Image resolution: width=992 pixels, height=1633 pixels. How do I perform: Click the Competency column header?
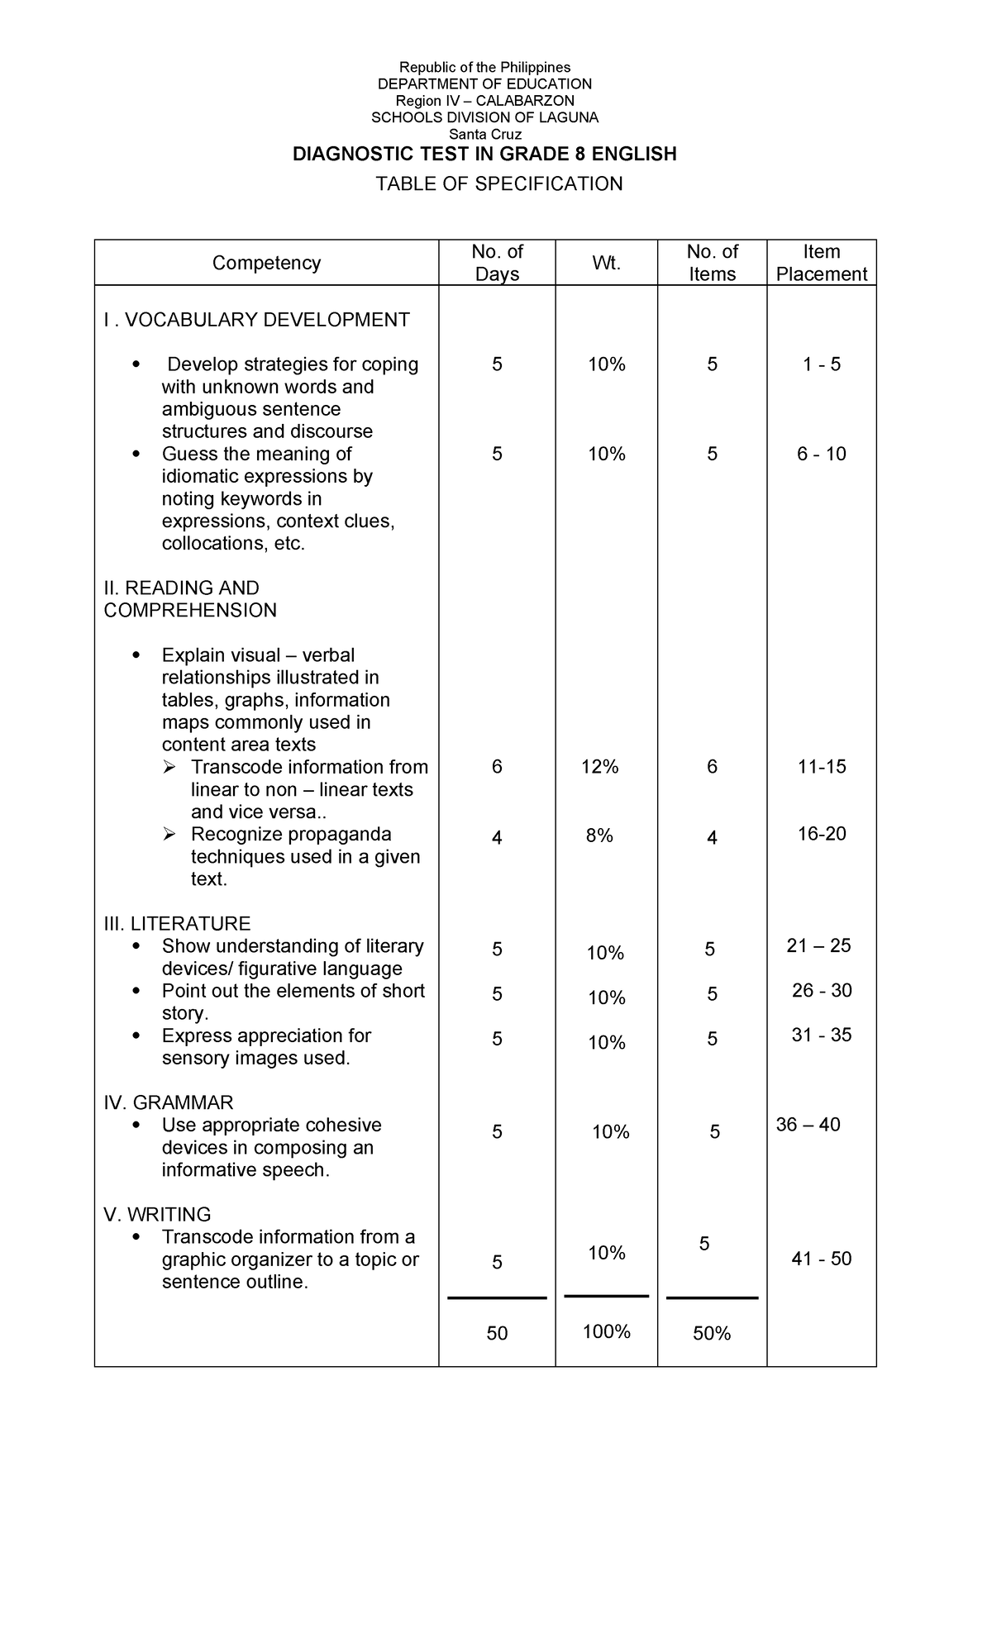click(x=266, y=263)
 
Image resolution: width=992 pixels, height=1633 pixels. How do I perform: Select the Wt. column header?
click(x=606, y=263)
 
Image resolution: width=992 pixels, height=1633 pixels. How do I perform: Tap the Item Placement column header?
click(x=821, y=263)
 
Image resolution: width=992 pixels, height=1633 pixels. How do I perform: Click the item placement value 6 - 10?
click(x=821, y=454)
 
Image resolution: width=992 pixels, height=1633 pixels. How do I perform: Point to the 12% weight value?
click(x=599, y=767)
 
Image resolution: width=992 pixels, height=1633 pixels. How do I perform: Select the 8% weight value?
click(x=599, y=836)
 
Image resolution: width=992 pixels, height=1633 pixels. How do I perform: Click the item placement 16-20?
click(x=821, y=833)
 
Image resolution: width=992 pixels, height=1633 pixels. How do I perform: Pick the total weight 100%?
click(x=606, y=1331)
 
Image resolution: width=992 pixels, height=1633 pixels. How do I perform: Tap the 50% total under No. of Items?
click(x=712, y=1333)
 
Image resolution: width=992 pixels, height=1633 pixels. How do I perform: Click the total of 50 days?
click(x=497, y=1333)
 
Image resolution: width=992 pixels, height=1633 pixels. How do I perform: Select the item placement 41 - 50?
click(x=821, y=1259)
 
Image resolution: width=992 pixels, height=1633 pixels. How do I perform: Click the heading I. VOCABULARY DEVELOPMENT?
click(x=256, y=320)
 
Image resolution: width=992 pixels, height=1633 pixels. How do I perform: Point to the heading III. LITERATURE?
click(x=177, y=923)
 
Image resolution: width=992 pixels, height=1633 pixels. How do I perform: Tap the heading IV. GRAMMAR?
click(x=169, y=1102)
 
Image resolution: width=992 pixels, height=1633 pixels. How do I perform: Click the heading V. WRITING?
click(x=157, y=1214)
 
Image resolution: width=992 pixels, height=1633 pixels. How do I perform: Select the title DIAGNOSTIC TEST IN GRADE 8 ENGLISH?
click(x=484, y=154)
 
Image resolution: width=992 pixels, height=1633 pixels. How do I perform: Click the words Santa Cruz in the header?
click(x=484, y=134)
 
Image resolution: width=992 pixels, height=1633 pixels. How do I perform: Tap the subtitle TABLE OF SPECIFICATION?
click(x=498, y=183)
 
